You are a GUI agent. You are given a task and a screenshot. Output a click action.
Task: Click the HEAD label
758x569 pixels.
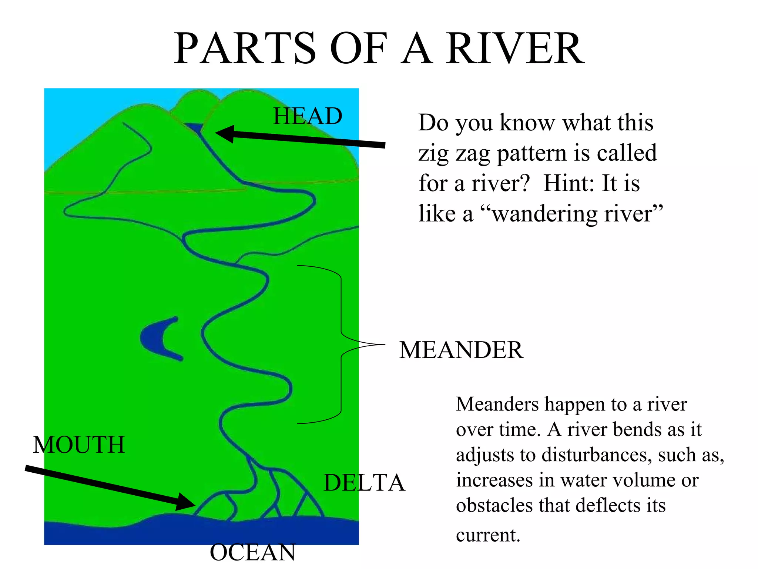coord(308,116)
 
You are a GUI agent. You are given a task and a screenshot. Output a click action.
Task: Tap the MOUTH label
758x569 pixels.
coord(79,445)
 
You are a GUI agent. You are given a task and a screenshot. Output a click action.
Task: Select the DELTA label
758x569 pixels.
coord(364,483)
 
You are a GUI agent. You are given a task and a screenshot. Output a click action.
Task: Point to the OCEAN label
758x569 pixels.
coord(253,552)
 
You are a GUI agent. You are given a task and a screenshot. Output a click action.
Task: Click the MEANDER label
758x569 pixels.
coord(461,350)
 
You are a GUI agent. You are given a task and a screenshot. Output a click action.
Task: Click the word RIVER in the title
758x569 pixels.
coord(515,49)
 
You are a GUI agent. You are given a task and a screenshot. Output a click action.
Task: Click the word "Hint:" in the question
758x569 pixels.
coord(569,183)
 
